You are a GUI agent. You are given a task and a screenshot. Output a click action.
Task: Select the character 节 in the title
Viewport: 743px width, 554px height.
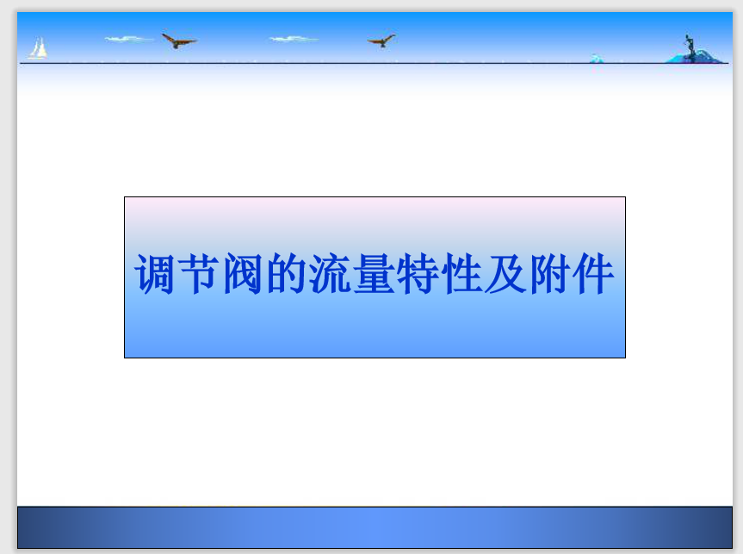(x=198, y=274)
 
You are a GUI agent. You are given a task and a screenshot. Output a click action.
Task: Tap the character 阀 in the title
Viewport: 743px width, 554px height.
(x=242, y=274)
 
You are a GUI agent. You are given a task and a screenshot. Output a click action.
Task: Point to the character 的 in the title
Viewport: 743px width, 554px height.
(x=286, y=274)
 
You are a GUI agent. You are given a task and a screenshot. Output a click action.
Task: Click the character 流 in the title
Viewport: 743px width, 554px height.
(x=330, y=274)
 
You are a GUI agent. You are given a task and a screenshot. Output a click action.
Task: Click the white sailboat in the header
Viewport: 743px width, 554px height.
(x=38, y=48)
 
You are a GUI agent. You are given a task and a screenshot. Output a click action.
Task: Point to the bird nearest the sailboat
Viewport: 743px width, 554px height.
(x=178, y=40)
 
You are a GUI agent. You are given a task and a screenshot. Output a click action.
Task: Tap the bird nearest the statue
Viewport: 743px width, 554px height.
(x=381, y=40)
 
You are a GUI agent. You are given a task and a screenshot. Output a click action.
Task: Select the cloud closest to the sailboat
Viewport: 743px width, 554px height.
(x=127, y=39)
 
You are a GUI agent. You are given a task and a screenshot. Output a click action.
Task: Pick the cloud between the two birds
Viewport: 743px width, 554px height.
(x=293, y=39)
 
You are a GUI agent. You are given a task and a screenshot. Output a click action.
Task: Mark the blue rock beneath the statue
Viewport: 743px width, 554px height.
(x=695, y=57)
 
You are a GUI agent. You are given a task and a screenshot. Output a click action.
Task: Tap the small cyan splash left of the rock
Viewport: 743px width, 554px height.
(x=597, y=59)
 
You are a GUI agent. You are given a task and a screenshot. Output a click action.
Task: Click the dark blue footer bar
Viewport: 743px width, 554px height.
(x=375, y=527)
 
